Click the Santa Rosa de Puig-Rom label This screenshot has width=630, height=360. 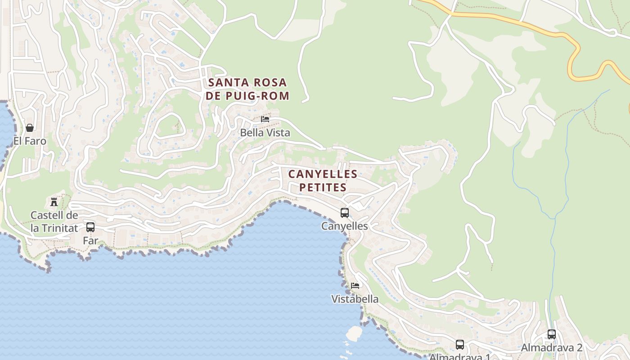(247, 89)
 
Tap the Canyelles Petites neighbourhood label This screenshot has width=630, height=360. (323, 180)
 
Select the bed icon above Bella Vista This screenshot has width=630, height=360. (265, 119)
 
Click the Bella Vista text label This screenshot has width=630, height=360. (265, 133)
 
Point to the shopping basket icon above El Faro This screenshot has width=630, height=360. (30, 128)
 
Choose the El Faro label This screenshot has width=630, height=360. (30, 141)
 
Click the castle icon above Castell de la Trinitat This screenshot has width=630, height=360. (54, 202)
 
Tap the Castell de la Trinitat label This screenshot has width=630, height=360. (54, 221)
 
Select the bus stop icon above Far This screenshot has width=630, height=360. (90, 227)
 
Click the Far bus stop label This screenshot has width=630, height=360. (90, 240)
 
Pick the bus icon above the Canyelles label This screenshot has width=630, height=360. (345, 213)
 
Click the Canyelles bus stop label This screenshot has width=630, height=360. (345, 226)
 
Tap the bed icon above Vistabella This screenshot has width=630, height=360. (355, 285)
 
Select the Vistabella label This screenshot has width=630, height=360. (355, 299)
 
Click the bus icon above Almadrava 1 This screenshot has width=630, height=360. (460, 345)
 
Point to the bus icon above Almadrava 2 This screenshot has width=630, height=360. (552, 334)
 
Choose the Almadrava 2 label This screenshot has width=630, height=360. (552, 347)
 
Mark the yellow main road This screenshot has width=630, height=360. (531, 25)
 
